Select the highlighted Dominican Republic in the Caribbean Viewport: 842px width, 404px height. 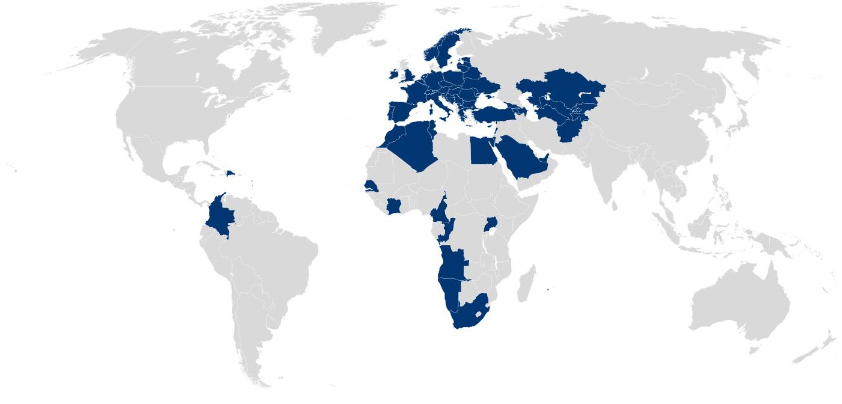230,174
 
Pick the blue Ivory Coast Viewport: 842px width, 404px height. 395,207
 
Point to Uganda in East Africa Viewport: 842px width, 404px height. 491,225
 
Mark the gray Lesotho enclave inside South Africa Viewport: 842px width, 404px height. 479,313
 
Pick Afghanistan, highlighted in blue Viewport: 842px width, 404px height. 571,129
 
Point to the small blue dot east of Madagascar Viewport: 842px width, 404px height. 548,290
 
